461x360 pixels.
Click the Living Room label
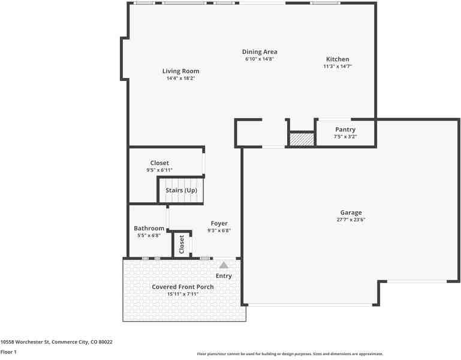[x=180, y=71]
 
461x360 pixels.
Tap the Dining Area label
[x=260, y=52]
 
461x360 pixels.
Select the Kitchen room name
[x=338, y=59]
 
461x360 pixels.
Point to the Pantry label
[x=345, y=130]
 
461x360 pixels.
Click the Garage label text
[x=351, y=212]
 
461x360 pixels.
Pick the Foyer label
[x=219, y=223]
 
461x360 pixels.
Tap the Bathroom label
[x=149, y=229]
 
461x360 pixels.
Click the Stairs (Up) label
[x=181, y=191]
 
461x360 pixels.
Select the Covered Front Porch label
[x=182, y=287]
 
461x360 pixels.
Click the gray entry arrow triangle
[x=224, y=264]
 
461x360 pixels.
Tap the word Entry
[x=224, y=276]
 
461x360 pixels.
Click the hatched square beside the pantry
[x=302, y=139]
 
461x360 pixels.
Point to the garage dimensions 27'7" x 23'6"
[x=351, y=220]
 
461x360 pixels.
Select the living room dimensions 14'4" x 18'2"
[x=180, y=79]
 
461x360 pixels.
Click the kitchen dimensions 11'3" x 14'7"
[x=338, y=67]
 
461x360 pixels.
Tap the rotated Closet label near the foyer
[x=182, y=245]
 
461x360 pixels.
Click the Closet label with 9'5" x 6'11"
[x=159, y=163]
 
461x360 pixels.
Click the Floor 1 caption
[x=8, y=352]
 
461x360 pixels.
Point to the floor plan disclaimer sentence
[x=290, y=354]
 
